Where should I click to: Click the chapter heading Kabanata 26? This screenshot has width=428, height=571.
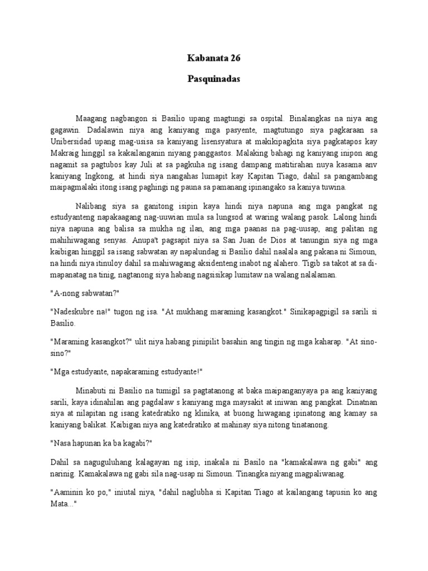tap(213, 58)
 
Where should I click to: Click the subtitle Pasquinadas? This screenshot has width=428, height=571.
tap(213, 79)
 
